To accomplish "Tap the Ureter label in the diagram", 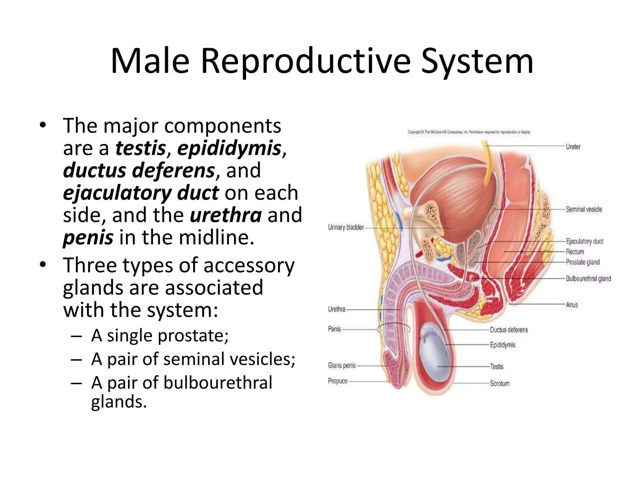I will (573, 147).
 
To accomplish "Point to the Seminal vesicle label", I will (584, 209).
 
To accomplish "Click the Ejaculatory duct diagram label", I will (584, 241).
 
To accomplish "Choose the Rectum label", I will (575, 252).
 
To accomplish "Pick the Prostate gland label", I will (582, 262).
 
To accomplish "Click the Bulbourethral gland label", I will (588, 279).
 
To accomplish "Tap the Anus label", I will (572, 305).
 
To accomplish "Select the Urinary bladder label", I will (346, 227).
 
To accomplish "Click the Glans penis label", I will (341, 365).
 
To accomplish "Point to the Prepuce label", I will (337, 381).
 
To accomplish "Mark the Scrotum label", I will (500, 384).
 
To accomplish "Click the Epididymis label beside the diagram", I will (502, 345).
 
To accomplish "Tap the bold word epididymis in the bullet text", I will (229, 148).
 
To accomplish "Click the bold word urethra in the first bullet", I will (226, 215).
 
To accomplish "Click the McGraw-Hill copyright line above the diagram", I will (469, 132).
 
